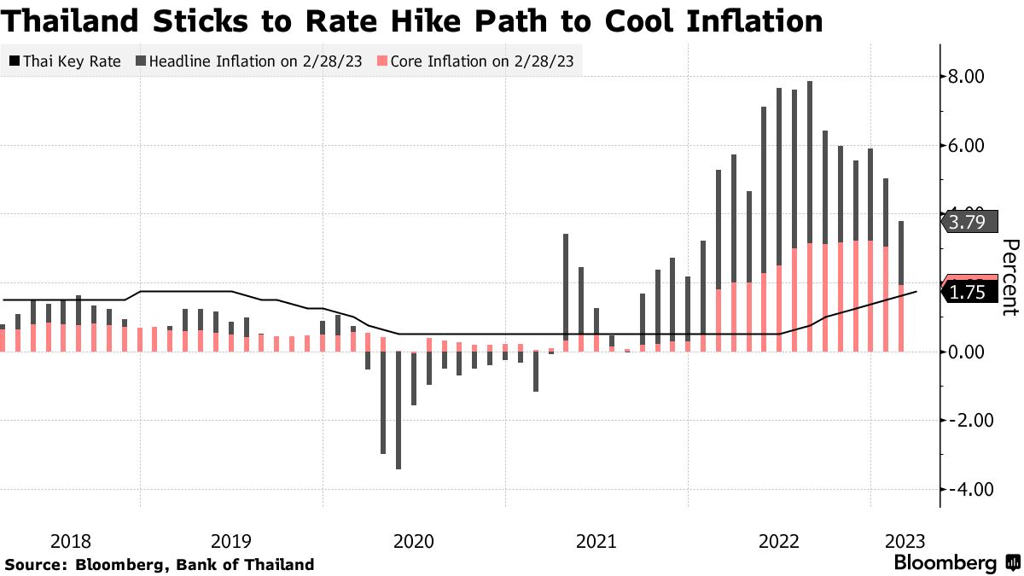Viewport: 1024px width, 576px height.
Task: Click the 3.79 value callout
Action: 969,223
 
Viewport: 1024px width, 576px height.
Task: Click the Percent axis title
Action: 1010,277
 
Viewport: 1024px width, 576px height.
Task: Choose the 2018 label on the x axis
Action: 71,541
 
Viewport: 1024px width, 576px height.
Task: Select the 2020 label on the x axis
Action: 414,541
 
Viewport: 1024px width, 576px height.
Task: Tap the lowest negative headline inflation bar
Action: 399,410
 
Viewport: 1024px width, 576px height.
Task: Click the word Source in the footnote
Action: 35,565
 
